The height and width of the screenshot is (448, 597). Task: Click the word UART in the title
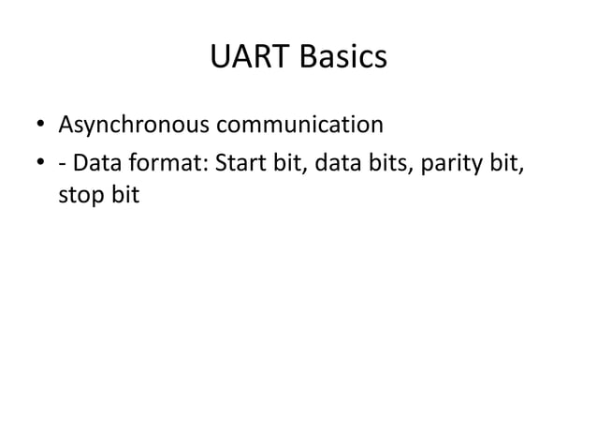tap(249, 58)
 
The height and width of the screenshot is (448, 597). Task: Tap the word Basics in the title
tap(342, 58)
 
